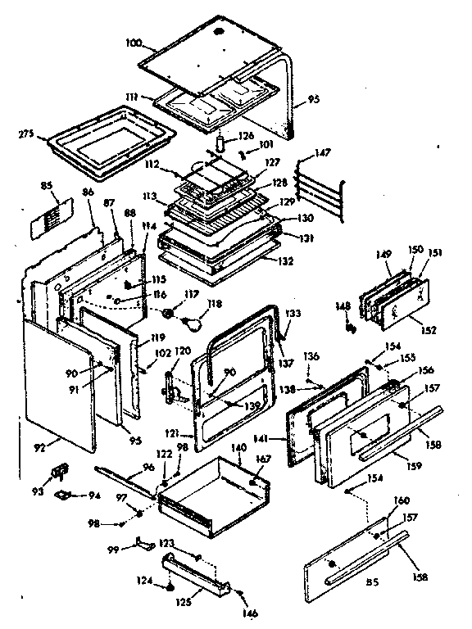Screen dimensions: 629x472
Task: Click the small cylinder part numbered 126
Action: click(x=220, y=143)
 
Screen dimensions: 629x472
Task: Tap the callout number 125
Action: click(x=185, y=600)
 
